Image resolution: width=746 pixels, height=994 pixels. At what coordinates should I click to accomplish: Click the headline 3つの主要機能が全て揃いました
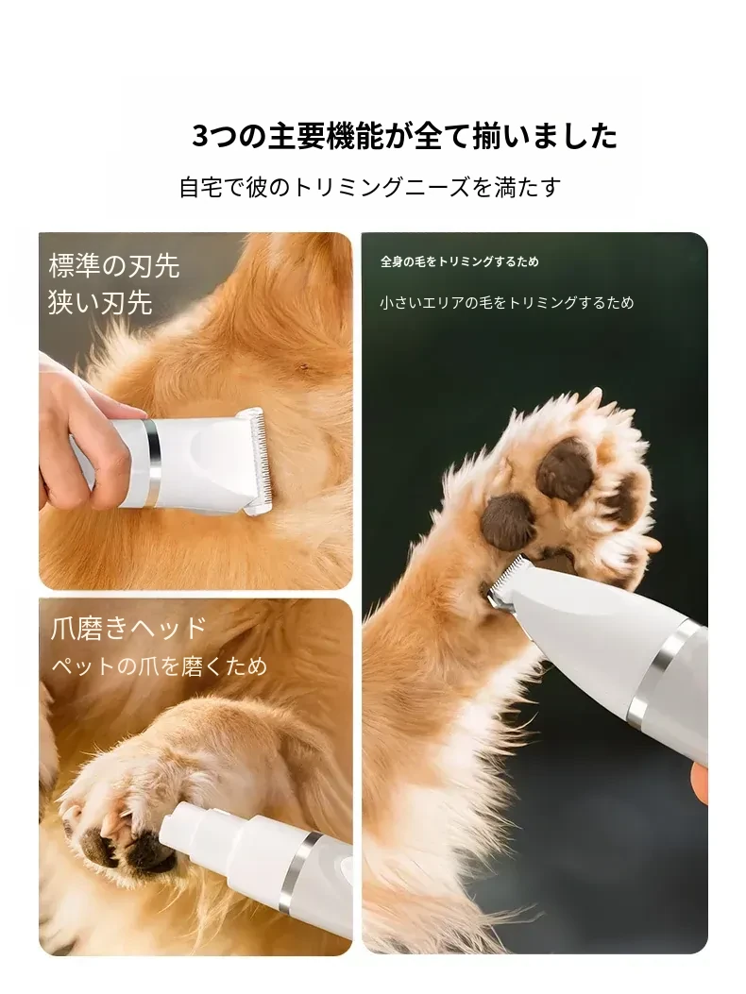click(x=405, y=136)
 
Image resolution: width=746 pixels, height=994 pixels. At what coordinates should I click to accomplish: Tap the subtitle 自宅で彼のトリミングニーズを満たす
click(x=370, y=188)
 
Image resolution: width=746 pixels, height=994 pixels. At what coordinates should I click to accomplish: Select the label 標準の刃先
click(x=114, y=265)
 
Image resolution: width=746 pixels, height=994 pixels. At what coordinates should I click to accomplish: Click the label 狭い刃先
click(x=100, y=302)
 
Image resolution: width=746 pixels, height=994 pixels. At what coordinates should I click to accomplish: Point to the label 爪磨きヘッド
click(x=128, y=629)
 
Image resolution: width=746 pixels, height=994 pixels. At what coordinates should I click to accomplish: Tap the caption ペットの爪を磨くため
click(x=159, y=665)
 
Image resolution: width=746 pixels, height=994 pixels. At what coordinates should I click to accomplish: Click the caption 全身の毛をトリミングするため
click(x=460, y=261)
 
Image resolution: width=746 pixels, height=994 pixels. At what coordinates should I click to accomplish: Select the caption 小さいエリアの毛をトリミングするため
click(x=507, y=303)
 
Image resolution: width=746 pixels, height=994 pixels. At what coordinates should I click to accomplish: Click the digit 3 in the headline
click(x=200, y=137)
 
